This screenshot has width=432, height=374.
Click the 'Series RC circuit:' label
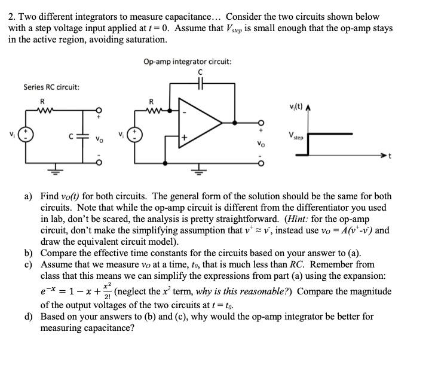[x=51, y=87]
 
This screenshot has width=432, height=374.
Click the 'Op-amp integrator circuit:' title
[x=188, y=61]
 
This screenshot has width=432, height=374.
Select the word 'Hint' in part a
[x=297, y=218]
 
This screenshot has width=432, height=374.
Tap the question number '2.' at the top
[x=12, y=17]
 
